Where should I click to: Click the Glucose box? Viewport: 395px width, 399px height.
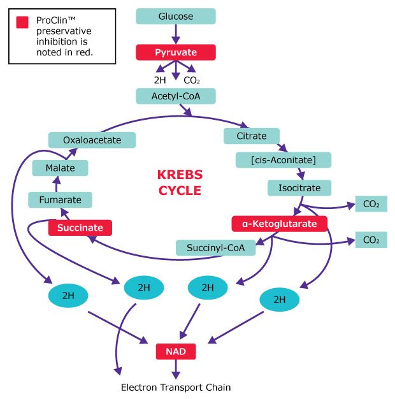click(176, 16)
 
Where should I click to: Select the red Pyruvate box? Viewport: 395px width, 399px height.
click(176, 52)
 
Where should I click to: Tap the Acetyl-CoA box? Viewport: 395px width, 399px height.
click(176, 96)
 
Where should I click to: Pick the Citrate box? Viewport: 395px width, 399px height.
click(252, 136)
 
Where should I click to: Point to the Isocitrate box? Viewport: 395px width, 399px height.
click(299, 187)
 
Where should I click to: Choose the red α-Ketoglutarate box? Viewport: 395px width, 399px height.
click(279, 223)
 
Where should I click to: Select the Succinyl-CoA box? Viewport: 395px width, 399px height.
click(215, 247)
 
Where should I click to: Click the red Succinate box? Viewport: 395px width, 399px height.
click(80, 227)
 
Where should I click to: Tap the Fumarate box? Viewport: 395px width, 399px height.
click(60, 199)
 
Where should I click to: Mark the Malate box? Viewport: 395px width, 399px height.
click(60, 168)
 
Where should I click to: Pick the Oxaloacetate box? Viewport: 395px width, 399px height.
click(92, 140)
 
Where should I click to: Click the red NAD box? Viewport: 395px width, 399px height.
click(176, 351)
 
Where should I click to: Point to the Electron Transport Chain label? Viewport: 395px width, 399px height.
click(176, 387)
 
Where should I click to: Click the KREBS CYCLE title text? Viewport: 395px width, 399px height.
click(179, 182)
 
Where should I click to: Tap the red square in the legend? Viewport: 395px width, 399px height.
click(22, 22)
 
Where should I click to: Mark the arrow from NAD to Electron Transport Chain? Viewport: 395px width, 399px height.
click(176, 368)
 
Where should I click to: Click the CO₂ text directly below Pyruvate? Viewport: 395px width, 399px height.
click(192, 80)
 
